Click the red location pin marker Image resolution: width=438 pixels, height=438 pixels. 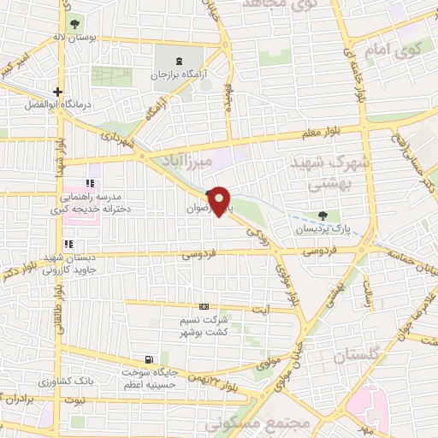pyautogui.click(x=221, y=201)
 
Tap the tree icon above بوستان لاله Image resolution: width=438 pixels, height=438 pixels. pyautogui.click(x=76, y=22)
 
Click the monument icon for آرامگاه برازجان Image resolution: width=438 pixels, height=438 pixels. pyautogui.click(x=179, y=61)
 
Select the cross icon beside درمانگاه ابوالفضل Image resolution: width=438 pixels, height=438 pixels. pyautogui.click(x=57, y=92)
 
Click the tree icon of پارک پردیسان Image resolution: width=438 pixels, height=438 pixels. pyautogui.click(x=322, y=216)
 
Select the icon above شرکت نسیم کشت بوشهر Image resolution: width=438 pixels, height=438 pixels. pyautogui.click(x=203, y=306)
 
